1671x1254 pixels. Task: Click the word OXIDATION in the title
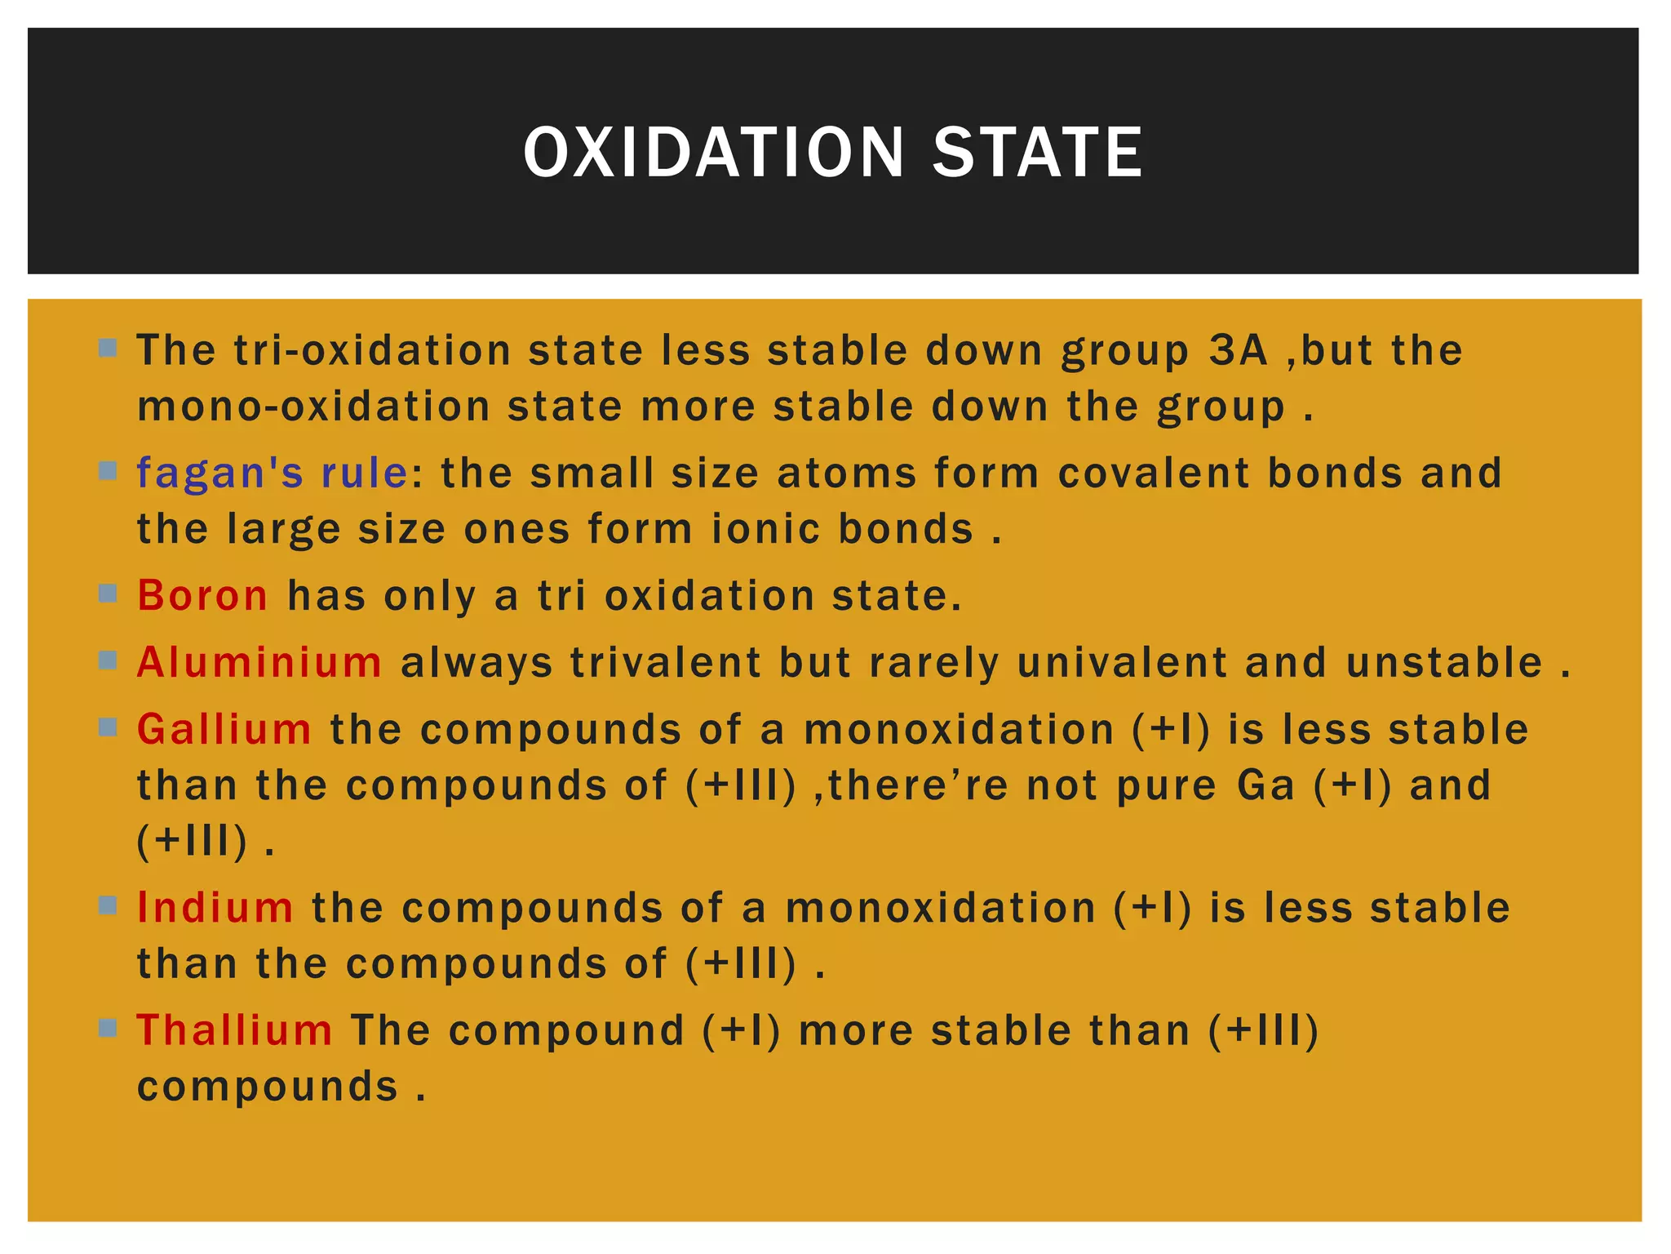point(714,153)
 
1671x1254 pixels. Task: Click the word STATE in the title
point(1037,153)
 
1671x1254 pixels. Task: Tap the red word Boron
point(202,595)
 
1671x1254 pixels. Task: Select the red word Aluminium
point(259,662)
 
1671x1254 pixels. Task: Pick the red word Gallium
point(224,729)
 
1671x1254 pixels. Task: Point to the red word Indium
point(215,907)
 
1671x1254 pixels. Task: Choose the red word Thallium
point(235,1029)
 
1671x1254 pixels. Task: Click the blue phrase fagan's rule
point(273,473)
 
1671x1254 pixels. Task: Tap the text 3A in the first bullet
point(1239,350)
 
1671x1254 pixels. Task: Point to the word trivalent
point(666,662)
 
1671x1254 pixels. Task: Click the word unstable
point(1444,662)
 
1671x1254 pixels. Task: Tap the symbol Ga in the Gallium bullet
point(1265,785)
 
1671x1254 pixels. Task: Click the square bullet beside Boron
point(108,593)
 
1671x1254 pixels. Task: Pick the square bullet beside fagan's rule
point(108,470)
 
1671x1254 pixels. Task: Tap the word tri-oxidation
point(372,350)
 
